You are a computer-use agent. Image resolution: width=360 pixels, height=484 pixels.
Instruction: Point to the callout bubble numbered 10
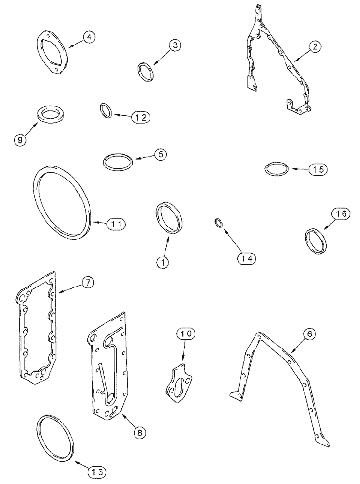pyautogui.click(x=186, y=333)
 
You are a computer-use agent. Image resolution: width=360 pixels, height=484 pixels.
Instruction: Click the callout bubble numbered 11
pyautogui.click(x=117, y=224)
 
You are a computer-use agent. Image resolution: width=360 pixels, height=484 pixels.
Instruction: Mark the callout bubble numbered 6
pyautogui.click(x=309, y=333)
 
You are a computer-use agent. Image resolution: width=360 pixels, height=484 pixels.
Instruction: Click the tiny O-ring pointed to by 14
pyautogui.click(x=218, y=223)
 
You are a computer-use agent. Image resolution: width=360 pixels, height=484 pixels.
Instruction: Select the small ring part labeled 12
pyautogui.click(x=106, y=110)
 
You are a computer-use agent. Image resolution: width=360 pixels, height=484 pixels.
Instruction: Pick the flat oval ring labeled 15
pyautogui.click(x=277, y=170)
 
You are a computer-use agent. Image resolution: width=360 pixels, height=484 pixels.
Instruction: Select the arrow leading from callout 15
pyautogui.click(x=298, y=169)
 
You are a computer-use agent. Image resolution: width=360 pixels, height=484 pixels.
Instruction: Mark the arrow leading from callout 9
pyautogui.click(x=32, y=130)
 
